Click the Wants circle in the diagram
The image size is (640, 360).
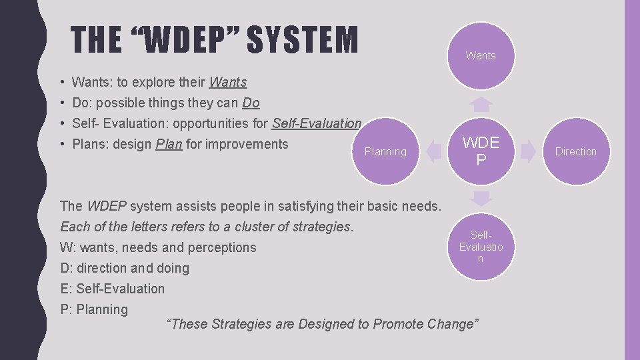tap(481, 56)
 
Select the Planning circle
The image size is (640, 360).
tap(385, 152)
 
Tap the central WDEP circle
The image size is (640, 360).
tap(481, 152)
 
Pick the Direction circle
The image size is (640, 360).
tap(576, 152)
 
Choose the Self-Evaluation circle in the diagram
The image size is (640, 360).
tap(481, 247)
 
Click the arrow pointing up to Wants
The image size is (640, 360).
tap(481, 104)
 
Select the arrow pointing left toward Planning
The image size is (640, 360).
tap(433, 152)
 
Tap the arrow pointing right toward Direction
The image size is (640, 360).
tap(528, 152)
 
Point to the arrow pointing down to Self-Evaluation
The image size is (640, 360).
tap(481, 199)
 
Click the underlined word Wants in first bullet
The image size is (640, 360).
tap(228, 83)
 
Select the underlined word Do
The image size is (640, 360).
tap(251, 103)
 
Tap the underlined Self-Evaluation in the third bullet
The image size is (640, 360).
tap(316, 124)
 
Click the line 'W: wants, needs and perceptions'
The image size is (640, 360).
tap(158, 247)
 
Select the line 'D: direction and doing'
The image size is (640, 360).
tap(125, 268)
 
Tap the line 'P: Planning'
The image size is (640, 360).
tap(94, 309)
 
